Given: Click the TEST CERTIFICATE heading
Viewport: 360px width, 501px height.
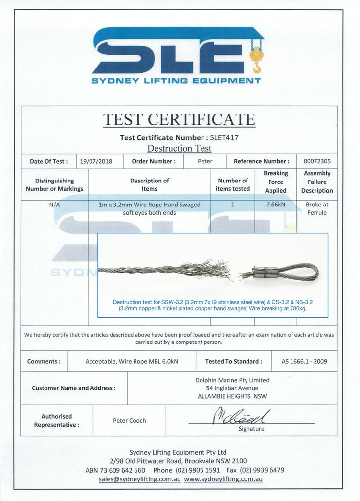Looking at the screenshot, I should [x=179, y=119].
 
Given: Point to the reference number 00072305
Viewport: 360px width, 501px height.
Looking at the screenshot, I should [x=317, y=161].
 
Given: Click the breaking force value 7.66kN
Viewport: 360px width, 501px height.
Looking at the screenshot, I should [x=275, y=205].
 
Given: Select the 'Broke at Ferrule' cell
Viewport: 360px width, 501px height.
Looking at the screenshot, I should [x=317, y=208].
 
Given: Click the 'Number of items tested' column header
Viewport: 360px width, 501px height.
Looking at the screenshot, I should [x=233, y=184].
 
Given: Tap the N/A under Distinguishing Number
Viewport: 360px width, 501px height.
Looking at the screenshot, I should [x=54, y=205].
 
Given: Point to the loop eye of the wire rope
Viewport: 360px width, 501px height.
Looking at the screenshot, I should [x=298, y=272].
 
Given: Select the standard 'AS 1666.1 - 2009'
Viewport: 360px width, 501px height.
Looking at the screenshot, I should [x=304, y=362].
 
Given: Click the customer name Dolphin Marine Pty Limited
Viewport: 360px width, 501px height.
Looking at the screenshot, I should [x=232, y=380].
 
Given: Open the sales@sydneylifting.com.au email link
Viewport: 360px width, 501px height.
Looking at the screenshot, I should [x=139, y=479].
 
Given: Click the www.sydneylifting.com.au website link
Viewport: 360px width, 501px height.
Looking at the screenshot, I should [x=223, y=479].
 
